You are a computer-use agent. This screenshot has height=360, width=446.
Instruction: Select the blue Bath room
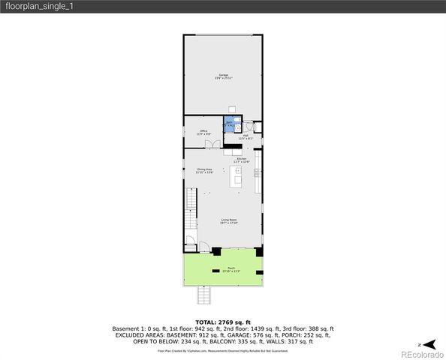(230, 124)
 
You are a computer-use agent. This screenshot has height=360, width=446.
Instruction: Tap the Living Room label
(228, 221)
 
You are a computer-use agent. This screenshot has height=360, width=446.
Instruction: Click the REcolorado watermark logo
(420, 352)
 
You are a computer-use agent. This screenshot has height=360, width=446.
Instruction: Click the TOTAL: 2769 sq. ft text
(223, 322)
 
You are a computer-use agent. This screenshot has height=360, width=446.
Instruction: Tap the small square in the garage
(232, 107)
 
